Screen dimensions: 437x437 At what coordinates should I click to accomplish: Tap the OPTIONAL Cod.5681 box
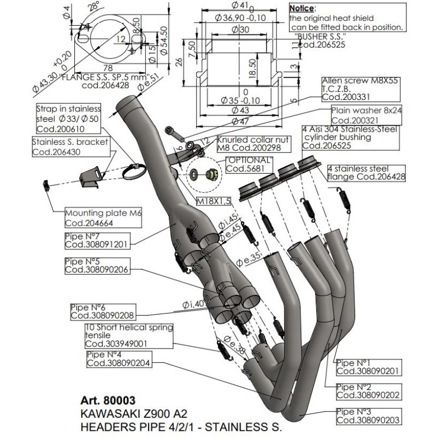click(x=245, y=164)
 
